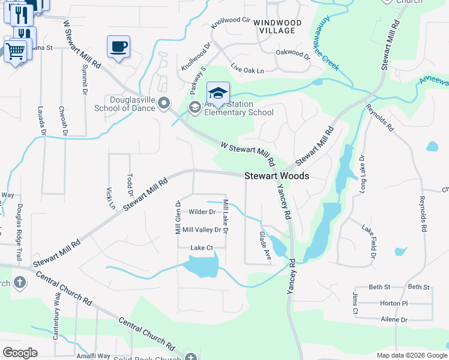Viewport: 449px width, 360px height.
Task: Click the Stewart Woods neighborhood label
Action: pos(277,176)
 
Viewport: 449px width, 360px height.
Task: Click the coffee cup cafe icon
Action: pos(118,47)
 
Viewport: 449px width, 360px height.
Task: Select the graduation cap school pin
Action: pos(218,93)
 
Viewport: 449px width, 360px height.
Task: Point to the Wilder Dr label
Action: pos(202,212)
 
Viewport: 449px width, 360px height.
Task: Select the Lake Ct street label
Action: pos(202,248)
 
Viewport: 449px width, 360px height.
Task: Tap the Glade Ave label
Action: pos(265,246)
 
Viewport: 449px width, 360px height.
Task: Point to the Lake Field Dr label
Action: pos(368,242)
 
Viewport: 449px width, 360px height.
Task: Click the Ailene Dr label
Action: pos(394,320)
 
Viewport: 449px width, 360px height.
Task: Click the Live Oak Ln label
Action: pos(247,70)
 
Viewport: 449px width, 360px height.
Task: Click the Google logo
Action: pos(20,353)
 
